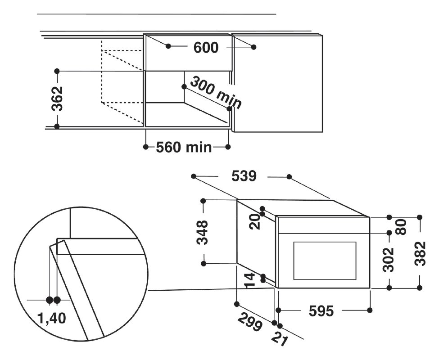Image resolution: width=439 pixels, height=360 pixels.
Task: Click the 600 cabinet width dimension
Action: pyautogui.click(x=206, y=48)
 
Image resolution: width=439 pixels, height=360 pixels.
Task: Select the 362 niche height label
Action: pyautogui.click(x=57, y=99)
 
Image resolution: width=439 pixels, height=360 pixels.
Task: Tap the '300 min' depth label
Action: pyautogui.click(x=216, y=93)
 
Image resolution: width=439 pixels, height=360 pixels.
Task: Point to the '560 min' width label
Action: pyautogui.click(x=184, y=147)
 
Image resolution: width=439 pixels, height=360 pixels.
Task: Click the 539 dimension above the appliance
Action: pyautogui.click(x=244, y=176)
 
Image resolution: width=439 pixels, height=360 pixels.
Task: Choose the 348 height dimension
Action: pyautogui.click(x=203, y=233)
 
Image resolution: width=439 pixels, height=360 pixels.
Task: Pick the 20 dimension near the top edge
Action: pyautogui.click(x=254, y=222)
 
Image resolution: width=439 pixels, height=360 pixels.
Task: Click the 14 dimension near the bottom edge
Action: pyautogui.click(x=250, y=280)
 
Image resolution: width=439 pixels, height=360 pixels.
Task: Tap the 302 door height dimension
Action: pyautogui.click(x=388, y=260)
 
